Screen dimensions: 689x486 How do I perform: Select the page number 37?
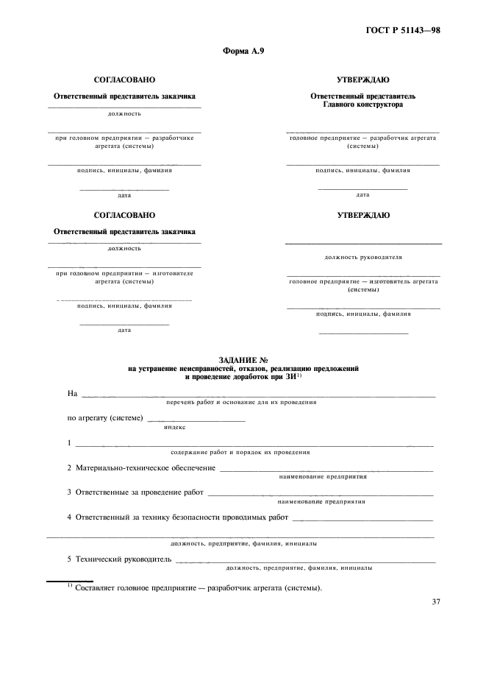[436, 602]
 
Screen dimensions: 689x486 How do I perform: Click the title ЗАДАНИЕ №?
[243, 359]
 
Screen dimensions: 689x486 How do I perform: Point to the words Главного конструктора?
[362, 105]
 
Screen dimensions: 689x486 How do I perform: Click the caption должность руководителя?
[362, 258]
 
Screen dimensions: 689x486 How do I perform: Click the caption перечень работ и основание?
[243, 403]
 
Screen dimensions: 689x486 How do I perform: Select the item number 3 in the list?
[69, 492]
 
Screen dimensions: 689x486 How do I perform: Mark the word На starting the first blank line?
[72, 394]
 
